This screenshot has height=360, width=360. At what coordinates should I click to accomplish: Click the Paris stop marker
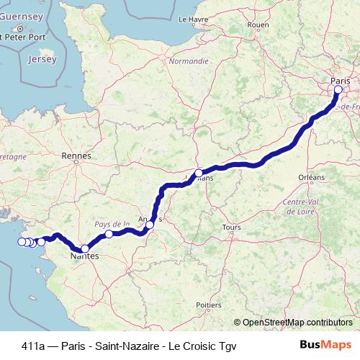click(338, 90)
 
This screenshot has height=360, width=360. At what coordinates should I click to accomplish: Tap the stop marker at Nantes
click(85, 248)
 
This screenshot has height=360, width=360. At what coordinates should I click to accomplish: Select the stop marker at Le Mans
click(199, 173)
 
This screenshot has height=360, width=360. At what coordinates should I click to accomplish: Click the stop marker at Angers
click(150, 225)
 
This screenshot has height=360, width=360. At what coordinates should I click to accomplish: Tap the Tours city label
click(232, 228)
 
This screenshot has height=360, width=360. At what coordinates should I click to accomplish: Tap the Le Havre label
click(193, 19)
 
